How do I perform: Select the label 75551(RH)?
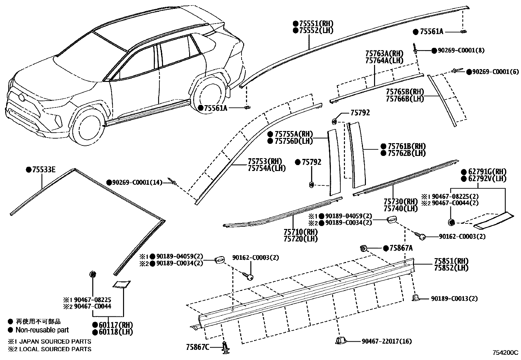pos(316,24)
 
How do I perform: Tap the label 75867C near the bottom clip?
pos(198,347)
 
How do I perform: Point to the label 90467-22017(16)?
pos(386,341)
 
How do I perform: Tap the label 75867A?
pos(401,248)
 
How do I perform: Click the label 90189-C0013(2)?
pos(454,298)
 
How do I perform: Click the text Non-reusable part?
pos(42,330)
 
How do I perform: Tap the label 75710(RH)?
pos(301,232)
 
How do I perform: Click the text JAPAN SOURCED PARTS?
pos(54,341)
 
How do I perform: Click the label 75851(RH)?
pos(451,261)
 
